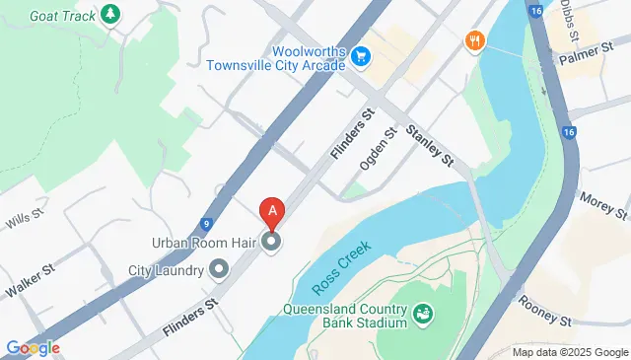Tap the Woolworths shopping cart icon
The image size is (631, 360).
361,57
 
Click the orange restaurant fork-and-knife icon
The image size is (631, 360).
476,40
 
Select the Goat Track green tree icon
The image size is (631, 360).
111,14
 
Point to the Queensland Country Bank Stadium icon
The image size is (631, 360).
423,314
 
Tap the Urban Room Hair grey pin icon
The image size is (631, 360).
271,241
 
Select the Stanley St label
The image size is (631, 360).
428,143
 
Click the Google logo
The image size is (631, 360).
33,347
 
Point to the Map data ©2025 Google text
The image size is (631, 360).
569,352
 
